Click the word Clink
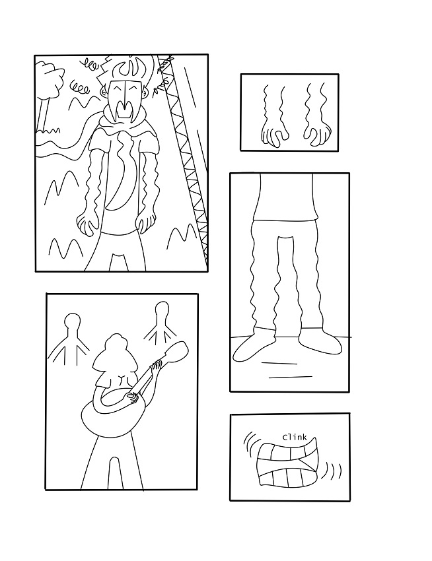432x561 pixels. point(295,437)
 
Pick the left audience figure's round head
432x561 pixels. point(72,319)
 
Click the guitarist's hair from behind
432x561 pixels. point(116,355)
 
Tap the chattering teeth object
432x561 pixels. point(287,465)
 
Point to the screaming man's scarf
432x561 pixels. point(124,125)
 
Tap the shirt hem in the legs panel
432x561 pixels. point(285,218)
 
